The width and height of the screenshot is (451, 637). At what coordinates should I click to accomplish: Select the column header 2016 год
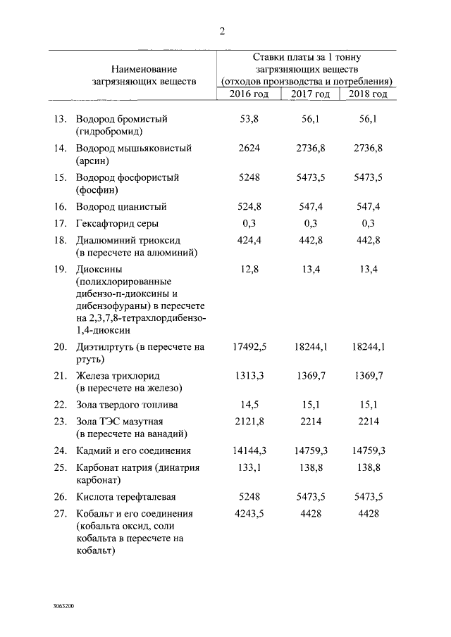click(x=249, y=94)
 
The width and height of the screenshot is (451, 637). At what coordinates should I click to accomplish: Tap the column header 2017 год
click(x=311, y=94)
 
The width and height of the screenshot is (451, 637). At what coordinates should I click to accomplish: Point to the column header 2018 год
click(x=369, y=94)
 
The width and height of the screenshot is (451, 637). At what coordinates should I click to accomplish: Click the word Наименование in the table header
click(x=144, y=69)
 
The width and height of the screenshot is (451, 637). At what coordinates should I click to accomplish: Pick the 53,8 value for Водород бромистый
click(x=249, y=119)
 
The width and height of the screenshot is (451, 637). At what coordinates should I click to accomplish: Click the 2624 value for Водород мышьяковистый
click(x=249, y=149)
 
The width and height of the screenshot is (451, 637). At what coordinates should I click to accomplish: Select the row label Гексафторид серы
click(x=117, y=224)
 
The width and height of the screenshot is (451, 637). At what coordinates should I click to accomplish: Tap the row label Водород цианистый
click(x=121, y=207)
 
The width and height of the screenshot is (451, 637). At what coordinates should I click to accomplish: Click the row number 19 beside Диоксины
click(x=60, y=269)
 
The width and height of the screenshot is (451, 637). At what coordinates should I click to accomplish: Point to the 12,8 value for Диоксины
click(x=249, y=269)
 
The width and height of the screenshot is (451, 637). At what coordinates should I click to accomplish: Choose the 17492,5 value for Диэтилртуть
click(x=249, y=346)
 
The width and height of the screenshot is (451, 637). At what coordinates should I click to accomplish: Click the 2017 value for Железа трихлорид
click(x=311, y=376)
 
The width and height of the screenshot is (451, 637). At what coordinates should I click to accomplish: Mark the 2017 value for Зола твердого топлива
click(x=311, y=405)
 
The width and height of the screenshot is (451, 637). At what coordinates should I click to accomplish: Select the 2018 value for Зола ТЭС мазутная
click(x=369, y=421)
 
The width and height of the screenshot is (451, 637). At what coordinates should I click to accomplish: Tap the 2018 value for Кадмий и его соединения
click(x=369, y=450)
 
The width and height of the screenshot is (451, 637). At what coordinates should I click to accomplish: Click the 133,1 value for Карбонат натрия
click(x=249, y=467)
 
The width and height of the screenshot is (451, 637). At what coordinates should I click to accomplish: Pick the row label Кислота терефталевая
click(x=125, y=497)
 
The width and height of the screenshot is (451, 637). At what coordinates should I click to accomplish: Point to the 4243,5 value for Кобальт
click(x=249, y=514)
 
